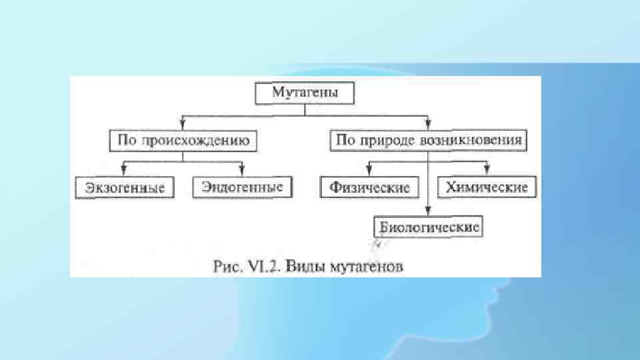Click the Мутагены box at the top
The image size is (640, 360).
[x=305, y=93]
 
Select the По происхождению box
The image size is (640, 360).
[x=184, y=141]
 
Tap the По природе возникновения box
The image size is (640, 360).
[x=429, y=141]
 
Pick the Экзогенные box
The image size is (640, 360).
[x=125, y=188]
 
